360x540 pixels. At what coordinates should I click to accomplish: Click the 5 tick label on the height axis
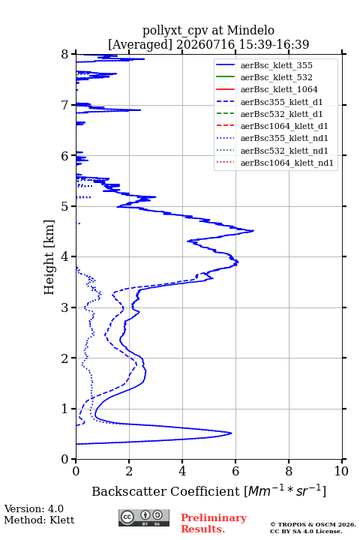pos(65,206)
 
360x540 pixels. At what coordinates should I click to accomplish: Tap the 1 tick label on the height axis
pos(65,409)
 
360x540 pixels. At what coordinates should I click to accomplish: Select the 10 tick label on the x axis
pos(341,471)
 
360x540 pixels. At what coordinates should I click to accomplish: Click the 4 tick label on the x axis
pos(182,471)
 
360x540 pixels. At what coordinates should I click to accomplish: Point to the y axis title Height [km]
pos(49,257)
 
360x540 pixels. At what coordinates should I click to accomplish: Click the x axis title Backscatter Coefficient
pos(165,491)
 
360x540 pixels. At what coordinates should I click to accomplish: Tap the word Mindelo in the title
pos(250,30)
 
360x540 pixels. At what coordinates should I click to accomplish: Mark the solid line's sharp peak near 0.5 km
pos(232,433)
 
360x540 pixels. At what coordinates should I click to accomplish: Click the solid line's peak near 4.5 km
pos(253,231)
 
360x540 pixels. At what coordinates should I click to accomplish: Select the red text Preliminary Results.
pos(214,523)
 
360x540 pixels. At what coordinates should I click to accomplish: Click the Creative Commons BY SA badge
pos(144,517)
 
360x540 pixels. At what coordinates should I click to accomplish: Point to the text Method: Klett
pos(39,520)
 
